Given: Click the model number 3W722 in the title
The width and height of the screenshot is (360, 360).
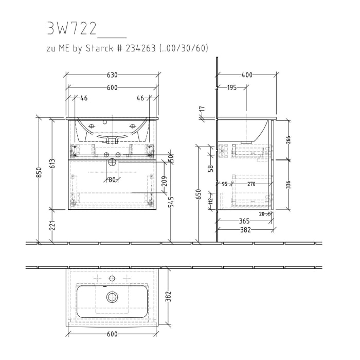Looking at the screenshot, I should pos(71,29).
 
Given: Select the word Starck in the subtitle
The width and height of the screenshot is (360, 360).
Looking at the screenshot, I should pos(110,48).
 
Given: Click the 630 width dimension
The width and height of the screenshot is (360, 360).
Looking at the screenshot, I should pos(112,75).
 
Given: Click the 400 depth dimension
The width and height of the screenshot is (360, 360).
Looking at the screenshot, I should pos(247,75).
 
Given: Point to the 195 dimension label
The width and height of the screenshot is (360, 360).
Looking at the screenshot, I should pos(232,88).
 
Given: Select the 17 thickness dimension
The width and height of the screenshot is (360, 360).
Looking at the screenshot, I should pos(202,110).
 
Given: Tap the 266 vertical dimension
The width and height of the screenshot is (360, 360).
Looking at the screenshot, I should pos(287,140).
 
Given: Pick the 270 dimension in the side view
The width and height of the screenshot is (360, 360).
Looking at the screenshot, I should pos(251,184).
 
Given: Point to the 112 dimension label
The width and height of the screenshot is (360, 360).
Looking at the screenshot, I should pos(210,202).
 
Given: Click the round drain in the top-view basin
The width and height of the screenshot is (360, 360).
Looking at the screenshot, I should pos(112,297).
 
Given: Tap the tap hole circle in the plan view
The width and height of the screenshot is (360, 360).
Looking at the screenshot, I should pos(112,278).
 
